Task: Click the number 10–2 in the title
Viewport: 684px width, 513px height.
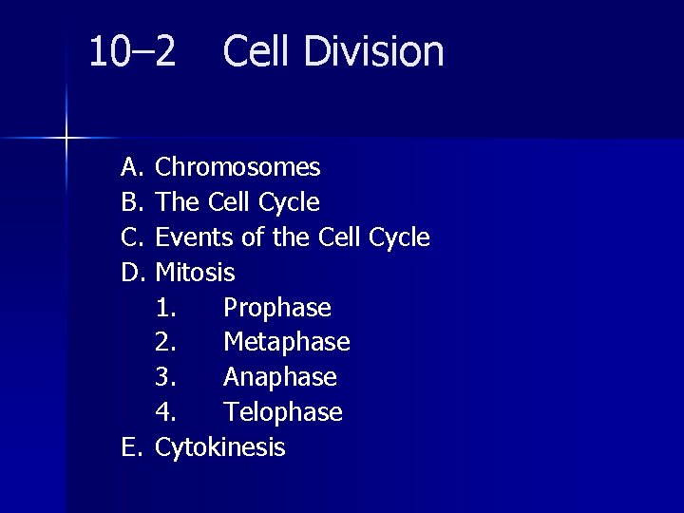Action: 132,52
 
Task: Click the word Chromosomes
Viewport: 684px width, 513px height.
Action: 237,168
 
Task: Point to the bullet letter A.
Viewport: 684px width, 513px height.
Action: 131,168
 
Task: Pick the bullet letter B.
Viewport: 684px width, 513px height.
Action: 131,203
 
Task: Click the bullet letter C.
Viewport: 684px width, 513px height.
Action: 131,237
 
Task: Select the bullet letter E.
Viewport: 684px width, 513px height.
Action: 130,447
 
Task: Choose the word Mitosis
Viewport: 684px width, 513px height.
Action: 195,273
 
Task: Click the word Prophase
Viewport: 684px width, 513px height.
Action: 276,309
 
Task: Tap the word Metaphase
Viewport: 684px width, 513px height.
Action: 286,342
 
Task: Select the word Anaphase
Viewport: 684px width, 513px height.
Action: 279,377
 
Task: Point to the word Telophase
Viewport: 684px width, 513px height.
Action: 282,412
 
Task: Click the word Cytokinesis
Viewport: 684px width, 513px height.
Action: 219,447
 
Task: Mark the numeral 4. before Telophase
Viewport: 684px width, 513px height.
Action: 166,412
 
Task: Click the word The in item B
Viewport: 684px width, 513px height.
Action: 175,203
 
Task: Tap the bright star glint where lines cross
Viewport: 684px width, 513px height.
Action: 66,139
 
